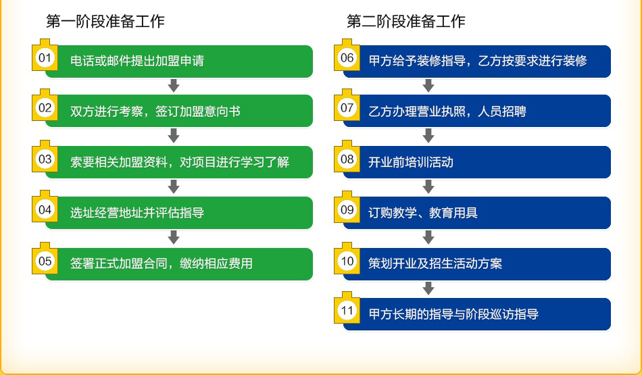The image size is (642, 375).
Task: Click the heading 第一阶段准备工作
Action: (105, 22)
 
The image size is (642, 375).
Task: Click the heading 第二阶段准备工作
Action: (405, 22)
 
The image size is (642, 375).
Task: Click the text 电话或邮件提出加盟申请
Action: (137, 61)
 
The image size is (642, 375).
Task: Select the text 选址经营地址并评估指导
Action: (137, 213)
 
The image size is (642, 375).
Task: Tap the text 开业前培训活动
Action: (411, 162)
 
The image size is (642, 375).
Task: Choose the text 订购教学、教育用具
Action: (423, 213)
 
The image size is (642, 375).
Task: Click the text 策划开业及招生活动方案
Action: (435, 264)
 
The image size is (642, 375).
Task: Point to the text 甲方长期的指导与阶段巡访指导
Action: (453, 314)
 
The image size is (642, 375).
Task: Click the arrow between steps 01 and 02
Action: (174, 86)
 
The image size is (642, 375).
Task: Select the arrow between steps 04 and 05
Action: (174, 237)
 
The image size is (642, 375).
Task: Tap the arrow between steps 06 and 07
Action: (428, 86)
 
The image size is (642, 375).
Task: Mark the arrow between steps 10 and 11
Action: (428, 289)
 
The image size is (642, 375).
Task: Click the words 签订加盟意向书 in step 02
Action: (198, 111)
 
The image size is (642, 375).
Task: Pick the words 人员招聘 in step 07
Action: (502, 111)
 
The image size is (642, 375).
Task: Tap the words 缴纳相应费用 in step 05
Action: (216, 264)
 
